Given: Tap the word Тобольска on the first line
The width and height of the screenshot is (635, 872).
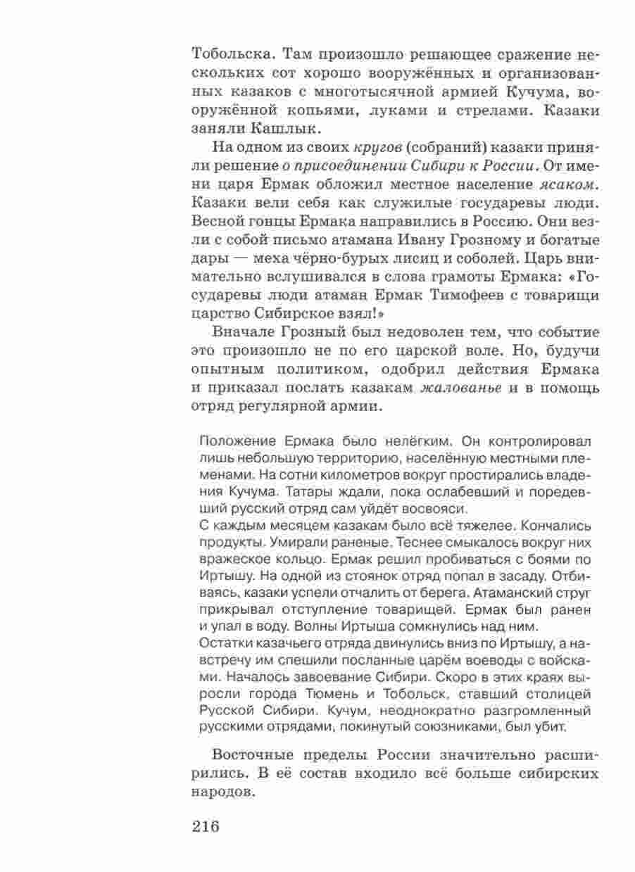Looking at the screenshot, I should pyautogui.click(x=230, y=54).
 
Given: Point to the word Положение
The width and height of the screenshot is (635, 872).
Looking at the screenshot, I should pyautogui.click(x=234, y=441).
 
